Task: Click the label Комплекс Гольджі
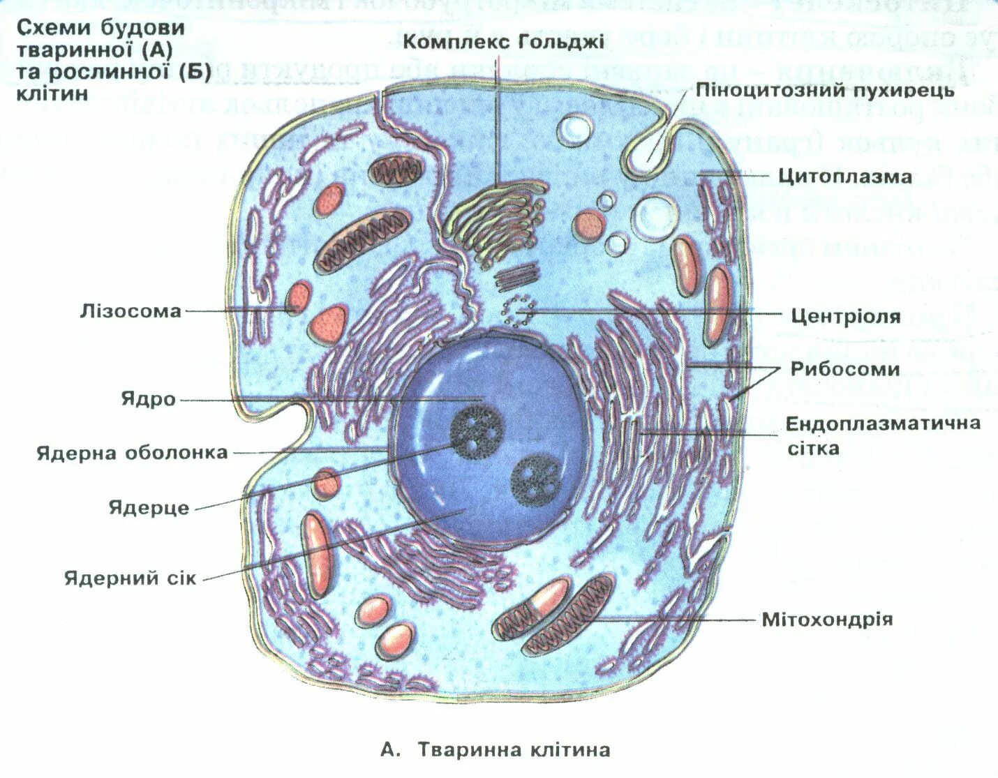(503, 42)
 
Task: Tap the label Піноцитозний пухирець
(824, 91)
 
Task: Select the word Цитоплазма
(844, 177)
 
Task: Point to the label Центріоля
(845, 317)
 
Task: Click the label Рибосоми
(844, 369)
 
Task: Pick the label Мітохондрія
(827, 620)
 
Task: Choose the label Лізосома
(131, 311)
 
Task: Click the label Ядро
(148, 399)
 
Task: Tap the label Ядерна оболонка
(132, 453)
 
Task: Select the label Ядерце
(149, 507)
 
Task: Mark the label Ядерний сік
(130, 578)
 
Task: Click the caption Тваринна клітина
(514, 750)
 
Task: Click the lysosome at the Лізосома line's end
(299, 297)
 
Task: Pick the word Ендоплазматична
(883, 424)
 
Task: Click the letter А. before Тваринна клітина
(390, 750)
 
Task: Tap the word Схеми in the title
(53, 28)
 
